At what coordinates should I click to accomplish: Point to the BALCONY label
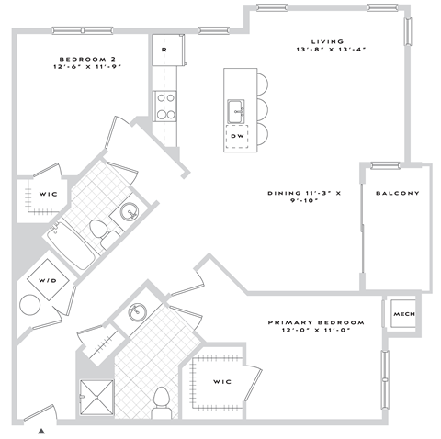coord(397,194)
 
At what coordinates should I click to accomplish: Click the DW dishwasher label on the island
coord(237,136)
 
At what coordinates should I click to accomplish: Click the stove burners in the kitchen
coord(165,106)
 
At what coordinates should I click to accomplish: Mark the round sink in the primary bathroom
coord(137,312)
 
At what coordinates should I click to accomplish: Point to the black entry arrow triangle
coord(40,428)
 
